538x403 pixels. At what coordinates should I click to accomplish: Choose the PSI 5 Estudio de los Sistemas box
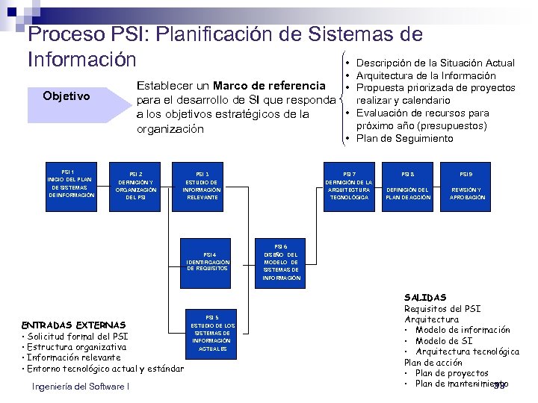coord(212,333)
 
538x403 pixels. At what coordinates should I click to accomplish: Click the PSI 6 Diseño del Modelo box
coord(281,261)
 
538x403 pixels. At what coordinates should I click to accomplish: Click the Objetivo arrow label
coord(67,96)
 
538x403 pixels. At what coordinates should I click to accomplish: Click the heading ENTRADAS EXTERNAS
coord(74,325)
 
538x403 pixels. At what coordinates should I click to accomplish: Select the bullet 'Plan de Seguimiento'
coord(404,138)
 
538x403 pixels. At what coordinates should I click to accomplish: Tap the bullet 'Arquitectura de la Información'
coord(426,75)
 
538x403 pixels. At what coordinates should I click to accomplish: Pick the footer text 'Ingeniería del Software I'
coord(81,386)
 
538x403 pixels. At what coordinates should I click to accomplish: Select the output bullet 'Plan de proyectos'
coord(451,373)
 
